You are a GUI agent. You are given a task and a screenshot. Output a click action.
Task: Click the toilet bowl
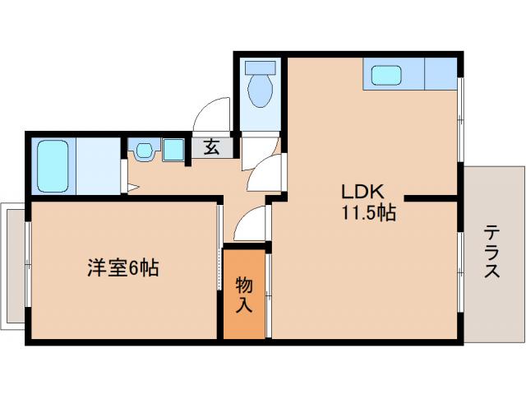[x=261, y=92]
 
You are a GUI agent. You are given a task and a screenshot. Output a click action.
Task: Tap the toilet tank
[x=261, y=67]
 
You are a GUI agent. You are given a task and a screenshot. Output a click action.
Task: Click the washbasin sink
[x=145, y=151]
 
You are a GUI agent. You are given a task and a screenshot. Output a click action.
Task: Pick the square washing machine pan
[x=174, y=151]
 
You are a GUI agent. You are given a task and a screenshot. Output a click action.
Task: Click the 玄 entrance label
[x=211, y=148]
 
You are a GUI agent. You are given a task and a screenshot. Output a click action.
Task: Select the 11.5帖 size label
[x=369, y=213]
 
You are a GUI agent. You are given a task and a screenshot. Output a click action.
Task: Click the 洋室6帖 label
[x=123, y=268]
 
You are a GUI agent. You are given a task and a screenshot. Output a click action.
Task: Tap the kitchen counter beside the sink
[x=439, y=74]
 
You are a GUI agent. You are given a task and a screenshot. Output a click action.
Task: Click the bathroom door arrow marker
[x=131, y=188]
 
